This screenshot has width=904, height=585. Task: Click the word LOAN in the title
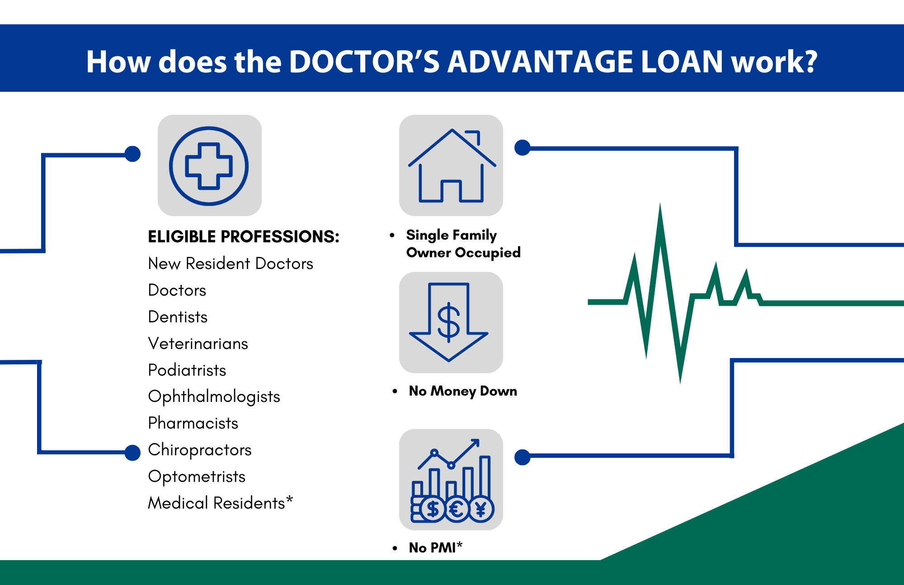(682, 61)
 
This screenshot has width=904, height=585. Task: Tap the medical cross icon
(209, 166)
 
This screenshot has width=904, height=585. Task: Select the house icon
(452, 165)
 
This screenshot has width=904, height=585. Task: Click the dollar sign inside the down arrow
(448, 322)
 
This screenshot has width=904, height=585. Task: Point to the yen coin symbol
(481, 510)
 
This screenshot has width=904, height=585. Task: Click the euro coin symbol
(457, 510)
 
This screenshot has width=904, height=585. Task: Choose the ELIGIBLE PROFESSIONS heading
(244, 236)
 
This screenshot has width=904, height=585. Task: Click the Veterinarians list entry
(198, 344)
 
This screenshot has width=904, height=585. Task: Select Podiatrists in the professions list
(187, 370)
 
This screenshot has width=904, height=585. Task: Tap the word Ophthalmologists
(214, 396)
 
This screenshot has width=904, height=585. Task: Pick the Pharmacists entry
(193, 423)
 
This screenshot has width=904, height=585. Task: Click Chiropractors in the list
(200, 450)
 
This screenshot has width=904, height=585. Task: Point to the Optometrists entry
(197, 476)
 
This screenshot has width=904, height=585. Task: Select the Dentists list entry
(178, 317)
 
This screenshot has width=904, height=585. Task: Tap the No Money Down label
(463, 391)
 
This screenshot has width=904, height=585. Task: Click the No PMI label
(436, 547)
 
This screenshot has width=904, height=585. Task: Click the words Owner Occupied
(463, 253)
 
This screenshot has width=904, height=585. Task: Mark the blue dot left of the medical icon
(132, 154)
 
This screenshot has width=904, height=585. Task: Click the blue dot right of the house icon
(523, 147)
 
